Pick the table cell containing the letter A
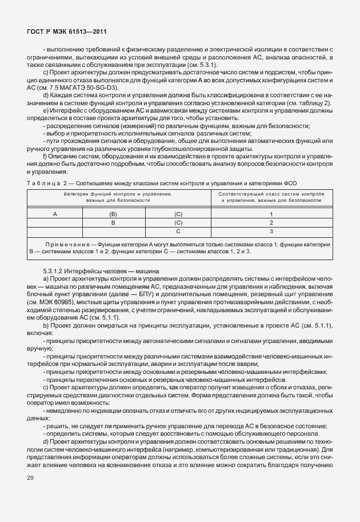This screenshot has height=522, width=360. click(x=55, y=214)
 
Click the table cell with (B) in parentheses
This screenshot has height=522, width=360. click(x=113, y=214)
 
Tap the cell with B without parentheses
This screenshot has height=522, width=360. click(x=113, y=222)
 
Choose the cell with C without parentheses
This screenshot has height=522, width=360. click(x=178, y=232)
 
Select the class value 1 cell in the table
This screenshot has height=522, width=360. click(x=271, y=214)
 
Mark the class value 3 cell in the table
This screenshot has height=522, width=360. click(x=271, y=232)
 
